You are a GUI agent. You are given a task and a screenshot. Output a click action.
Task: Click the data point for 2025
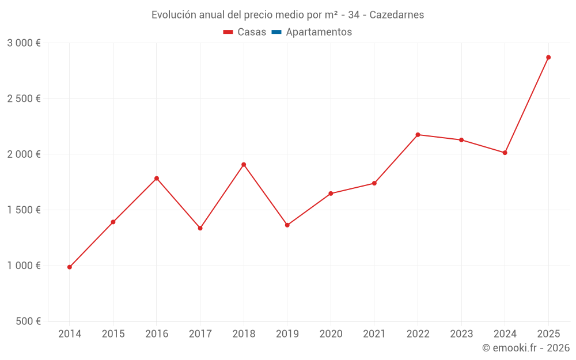(x=548, y=58)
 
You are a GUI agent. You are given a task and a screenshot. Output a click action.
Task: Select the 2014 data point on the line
(x=70, y=267)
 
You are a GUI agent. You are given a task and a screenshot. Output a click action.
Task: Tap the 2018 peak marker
(x=244, y=165)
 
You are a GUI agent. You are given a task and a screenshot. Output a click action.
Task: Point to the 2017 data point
(x=200, y=229)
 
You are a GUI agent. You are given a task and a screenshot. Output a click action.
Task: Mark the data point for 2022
(x=418, y=135)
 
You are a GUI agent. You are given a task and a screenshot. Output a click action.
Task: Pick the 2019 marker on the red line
(x=287, y=225)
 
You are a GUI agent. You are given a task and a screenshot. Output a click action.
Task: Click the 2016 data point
(x=157, y=179)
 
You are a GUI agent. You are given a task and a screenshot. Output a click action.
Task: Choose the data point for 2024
(x=505, y=153)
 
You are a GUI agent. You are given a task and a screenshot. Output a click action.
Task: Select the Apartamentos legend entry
(x=319, y=32)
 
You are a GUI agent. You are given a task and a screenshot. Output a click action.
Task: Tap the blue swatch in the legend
(x=276, y=32)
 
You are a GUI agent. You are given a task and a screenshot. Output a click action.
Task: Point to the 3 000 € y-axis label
(x=24, y=43)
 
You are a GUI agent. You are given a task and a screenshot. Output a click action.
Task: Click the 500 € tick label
(x=28, y=321)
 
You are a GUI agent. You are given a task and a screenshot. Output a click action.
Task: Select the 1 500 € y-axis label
(x=24, y=210)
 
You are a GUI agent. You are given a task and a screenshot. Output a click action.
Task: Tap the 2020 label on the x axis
(x=331, y=334)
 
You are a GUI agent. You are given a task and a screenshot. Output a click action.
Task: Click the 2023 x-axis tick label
(x=461, y=334)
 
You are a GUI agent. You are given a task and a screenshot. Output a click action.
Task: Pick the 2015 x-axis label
(x=113, y=334)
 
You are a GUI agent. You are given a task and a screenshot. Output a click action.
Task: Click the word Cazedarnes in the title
(x=396, y=15)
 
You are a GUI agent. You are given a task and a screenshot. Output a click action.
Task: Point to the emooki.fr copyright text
(x=525, y=348)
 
